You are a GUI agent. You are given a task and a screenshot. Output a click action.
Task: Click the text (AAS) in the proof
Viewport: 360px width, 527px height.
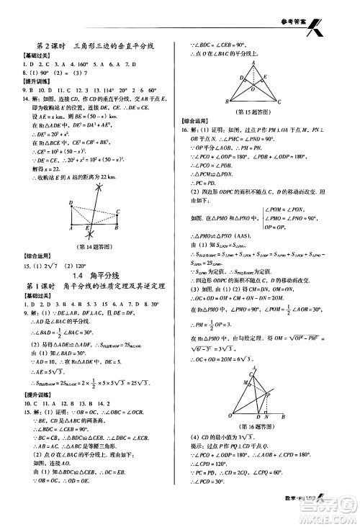258,235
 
